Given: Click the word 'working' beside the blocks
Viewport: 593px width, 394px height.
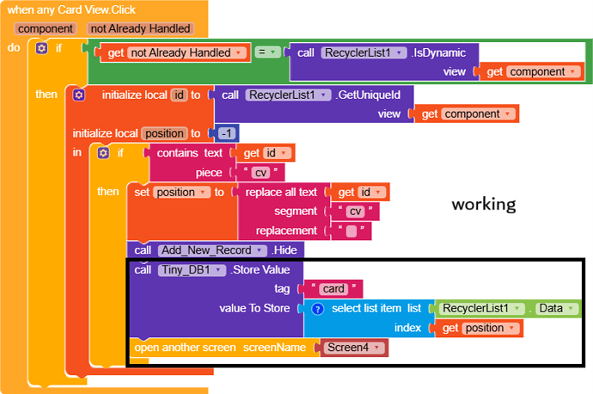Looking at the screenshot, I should point(484,204).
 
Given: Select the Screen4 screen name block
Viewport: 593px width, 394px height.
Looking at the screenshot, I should point(352,348).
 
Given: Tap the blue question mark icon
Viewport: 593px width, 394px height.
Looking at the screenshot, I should point(317,308).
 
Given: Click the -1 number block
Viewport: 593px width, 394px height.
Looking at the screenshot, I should point(227,133).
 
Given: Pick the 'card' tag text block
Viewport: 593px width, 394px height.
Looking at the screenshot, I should point(335,288).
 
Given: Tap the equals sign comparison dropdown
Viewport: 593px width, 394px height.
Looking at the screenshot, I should point(268,52).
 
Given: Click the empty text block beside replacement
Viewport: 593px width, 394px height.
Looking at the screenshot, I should point(351,231).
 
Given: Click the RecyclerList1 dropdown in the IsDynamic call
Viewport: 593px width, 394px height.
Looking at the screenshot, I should point(364,52).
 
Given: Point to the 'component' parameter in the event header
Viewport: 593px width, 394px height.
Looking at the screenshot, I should point(45,28).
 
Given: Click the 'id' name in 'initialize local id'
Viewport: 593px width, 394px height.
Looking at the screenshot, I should point(179,95).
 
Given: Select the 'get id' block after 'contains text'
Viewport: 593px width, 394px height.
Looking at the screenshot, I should point(264,152).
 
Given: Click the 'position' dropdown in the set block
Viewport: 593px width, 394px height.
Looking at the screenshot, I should point(180,192).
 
